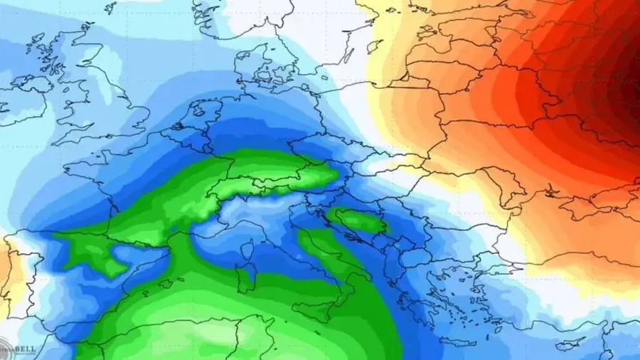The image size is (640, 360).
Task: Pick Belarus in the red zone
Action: point(498,85)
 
